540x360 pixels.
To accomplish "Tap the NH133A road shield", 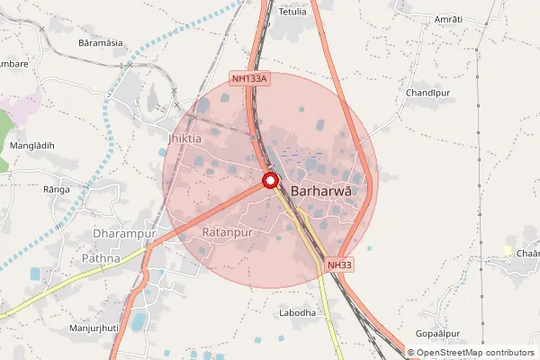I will click(250, 79).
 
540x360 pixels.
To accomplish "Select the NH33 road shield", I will click(339, 265).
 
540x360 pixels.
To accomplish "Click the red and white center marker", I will click(270, 181).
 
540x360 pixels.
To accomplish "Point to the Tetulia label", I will click(292, 12).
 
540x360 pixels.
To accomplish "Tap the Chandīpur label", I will click(427, 93).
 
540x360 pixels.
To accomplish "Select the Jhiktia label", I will click(184, 139).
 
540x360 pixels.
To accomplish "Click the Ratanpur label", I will click(225, 232).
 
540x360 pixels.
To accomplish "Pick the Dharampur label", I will click(125, 234).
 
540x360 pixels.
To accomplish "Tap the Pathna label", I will click(101, 258).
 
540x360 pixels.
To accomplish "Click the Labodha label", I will click(298, 312).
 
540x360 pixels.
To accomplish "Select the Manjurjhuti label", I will click(94, 328).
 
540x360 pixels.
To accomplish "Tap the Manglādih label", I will click(31, 145).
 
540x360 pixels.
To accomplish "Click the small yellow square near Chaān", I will click(508, 250).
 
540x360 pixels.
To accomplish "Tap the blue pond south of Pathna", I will click(139, 320).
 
